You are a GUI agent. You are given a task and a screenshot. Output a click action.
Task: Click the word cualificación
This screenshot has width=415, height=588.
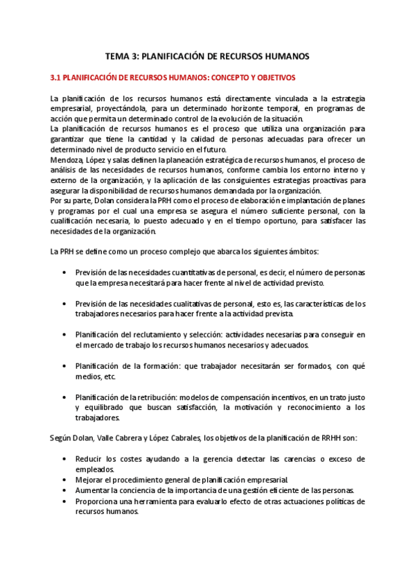(x=78, y=222)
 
